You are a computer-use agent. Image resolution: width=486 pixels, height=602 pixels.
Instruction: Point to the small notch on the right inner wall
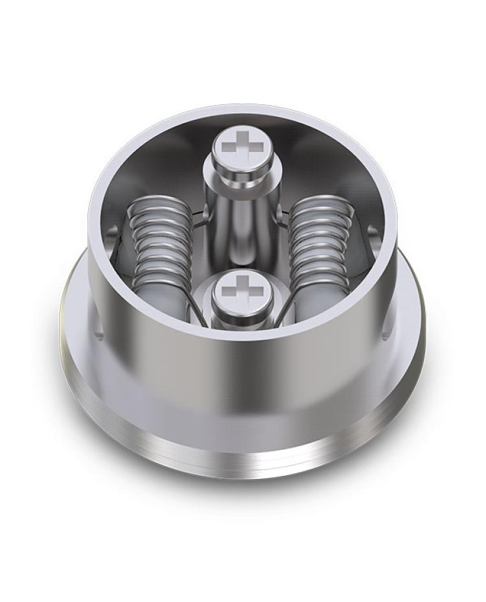(372, 230)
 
